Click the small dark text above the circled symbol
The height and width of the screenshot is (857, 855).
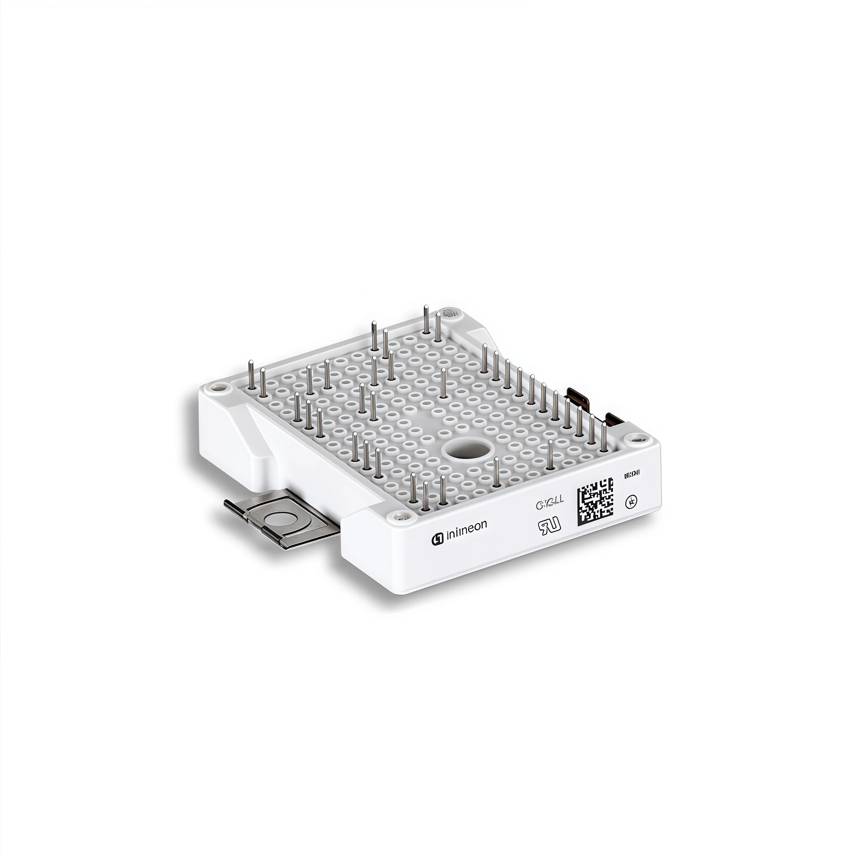click(632, 475)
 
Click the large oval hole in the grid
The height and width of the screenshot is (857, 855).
click(467, 451)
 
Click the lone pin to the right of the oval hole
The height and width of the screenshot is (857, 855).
click(550, 455)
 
